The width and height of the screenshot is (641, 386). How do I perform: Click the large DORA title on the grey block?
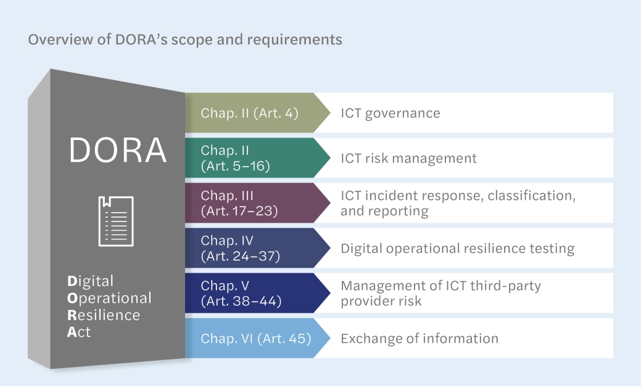coord(118,150)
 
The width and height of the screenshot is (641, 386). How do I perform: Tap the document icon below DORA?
coord(117,221)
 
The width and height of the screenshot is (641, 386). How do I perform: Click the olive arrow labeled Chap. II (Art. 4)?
coord(250,113)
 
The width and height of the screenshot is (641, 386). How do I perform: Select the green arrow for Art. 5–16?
coord(250,158)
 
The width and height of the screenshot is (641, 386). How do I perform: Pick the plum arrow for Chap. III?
coord(250,203)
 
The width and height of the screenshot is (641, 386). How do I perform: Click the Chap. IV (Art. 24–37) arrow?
coord(250,248)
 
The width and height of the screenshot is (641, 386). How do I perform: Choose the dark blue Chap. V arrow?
coord(250,294)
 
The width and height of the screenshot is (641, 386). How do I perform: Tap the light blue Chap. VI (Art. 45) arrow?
coord(255,339)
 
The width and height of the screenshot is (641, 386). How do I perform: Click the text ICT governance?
coord(391,113)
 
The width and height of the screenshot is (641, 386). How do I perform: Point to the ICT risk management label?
coord(408,158)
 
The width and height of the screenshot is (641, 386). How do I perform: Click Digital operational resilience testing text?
coord(457,248)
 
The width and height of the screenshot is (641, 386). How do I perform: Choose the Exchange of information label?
coord(419,339)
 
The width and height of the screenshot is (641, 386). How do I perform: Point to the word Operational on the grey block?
coord(109,298)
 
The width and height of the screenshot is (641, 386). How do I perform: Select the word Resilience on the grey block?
coord(103,315)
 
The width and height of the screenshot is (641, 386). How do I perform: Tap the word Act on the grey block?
coord(79,332)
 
